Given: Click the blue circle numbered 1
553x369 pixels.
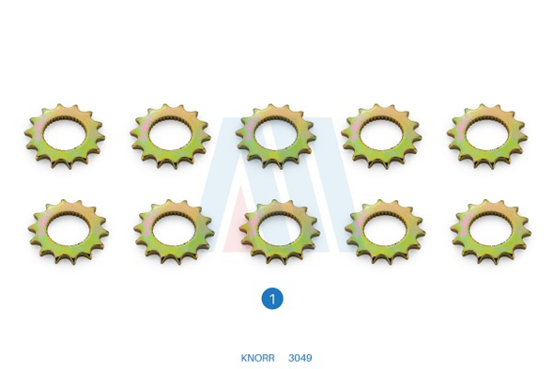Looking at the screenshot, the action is point(272,299).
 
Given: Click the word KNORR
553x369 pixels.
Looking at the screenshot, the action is point(257,358).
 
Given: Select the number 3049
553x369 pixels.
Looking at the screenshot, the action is point(300,358).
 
